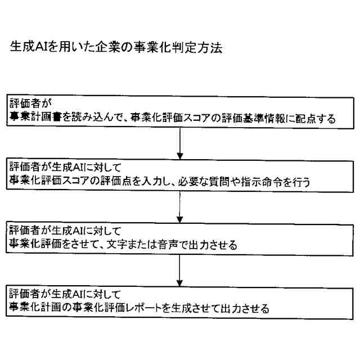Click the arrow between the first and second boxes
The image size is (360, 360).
[179, 143]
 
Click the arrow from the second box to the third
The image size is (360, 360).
[179, 208]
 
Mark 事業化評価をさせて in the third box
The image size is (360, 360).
[56, 245]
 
